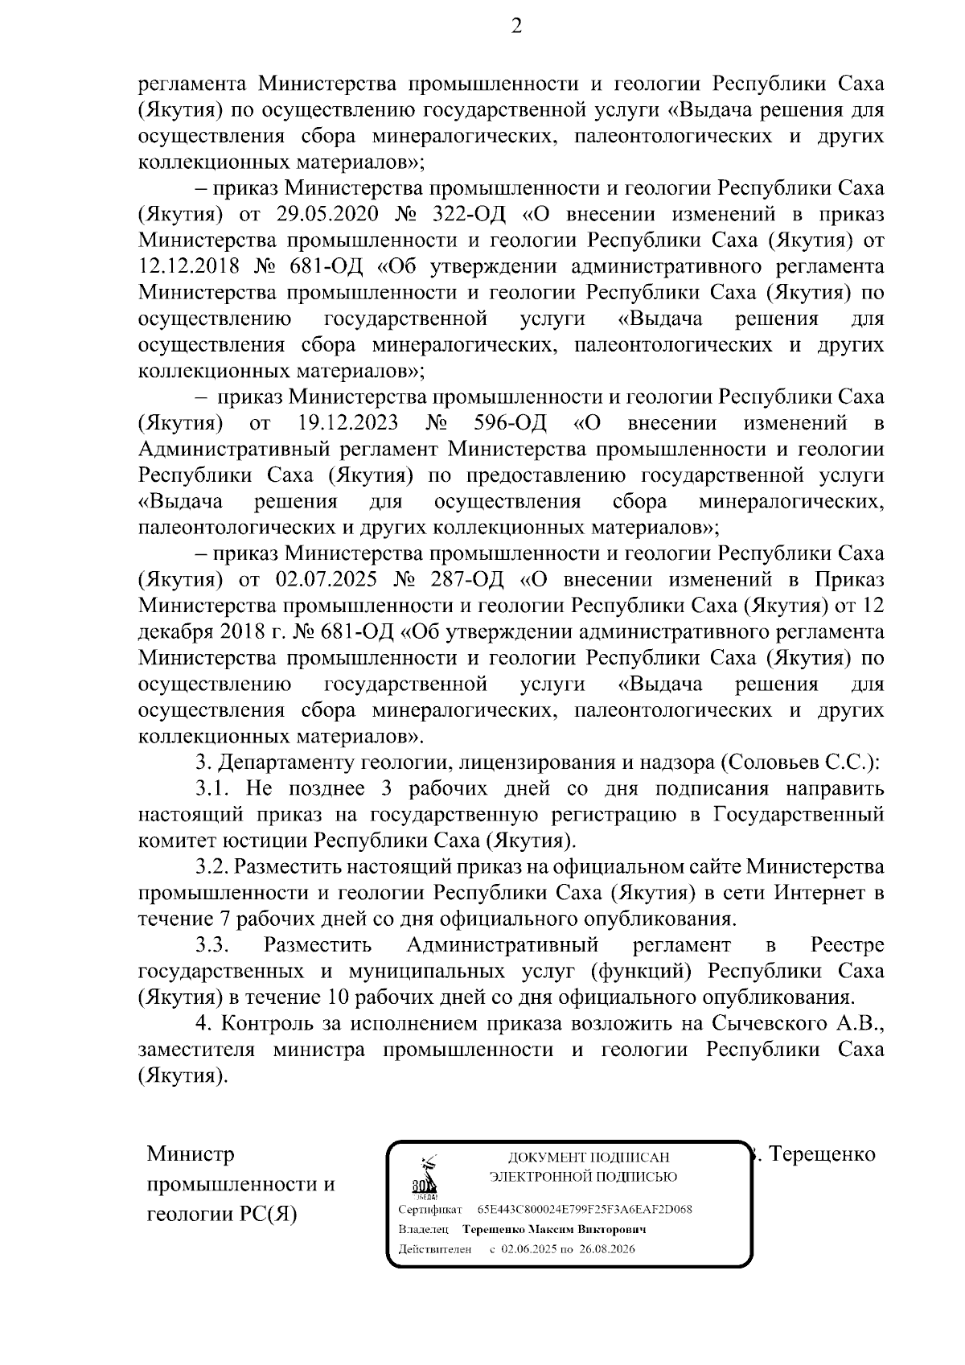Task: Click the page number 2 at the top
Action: pos(516,27)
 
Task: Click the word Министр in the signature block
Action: pos(191,1155)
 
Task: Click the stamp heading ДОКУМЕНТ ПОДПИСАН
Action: pos(588,1158)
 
